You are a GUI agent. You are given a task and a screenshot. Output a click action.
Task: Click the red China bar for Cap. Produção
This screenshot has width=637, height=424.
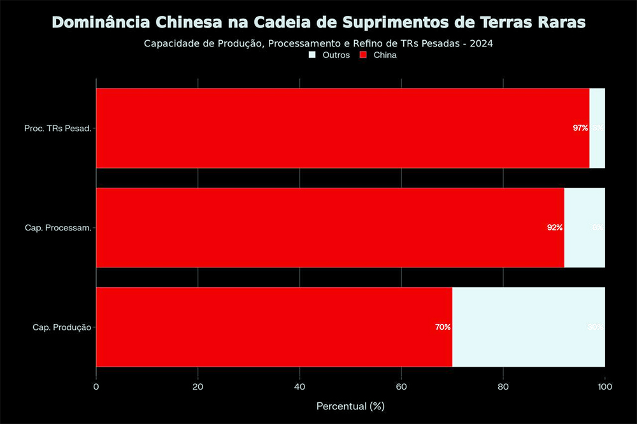click(x=274, y=327)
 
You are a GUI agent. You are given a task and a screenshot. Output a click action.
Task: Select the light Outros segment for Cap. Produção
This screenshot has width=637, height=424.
click(x=528, y=327)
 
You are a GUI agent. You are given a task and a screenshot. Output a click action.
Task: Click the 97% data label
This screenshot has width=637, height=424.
click(x=580, y=128)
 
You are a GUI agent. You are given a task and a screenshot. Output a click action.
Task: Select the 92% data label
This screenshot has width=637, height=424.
click(x=554, y=227)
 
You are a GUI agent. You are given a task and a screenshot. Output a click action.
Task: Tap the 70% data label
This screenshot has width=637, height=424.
click(x=443, y=327)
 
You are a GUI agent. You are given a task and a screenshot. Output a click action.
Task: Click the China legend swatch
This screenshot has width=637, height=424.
click(x=364, y=55)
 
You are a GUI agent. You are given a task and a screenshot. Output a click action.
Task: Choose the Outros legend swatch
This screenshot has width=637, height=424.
click(x=312, y=55)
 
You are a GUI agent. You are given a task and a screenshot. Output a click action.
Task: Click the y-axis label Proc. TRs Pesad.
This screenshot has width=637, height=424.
click(x=58, y=128)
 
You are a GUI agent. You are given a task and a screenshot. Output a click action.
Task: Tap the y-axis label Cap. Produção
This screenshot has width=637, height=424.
click(x=62, y=327)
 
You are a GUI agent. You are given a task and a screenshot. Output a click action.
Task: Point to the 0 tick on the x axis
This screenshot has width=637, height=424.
click(x=96, y=386)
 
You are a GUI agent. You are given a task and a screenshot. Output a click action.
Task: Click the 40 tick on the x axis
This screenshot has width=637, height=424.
click(x=299, y=386)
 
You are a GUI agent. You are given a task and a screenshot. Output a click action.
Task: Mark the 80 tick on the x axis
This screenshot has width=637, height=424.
click(x=503, y=386)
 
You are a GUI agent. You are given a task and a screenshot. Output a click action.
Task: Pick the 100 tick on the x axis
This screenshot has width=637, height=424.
click(x=605, y=386)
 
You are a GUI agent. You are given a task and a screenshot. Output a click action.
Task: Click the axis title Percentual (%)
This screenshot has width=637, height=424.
click(x=350, y=406)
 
